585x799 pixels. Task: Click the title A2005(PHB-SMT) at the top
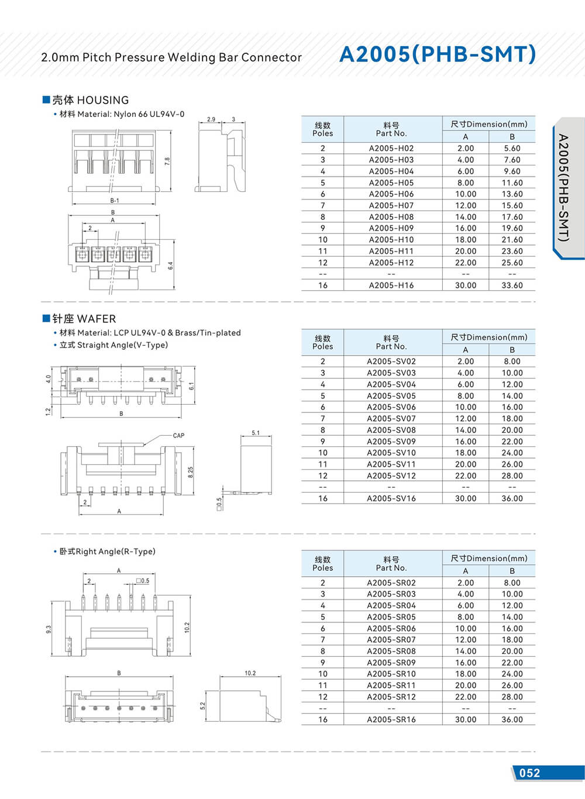(x=437, y=54)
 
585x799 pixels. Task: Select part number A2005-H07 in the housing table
(x=391, y=205)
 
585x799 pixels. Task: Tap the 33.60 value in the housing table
(x=512, y=285)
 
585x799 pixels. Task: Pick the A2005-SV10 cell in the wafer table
(x=391, y=453)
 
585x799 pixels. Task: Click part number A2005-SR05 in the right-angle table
(x=391, y=617)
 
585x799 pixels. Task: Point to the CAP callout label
(x=178, y=435)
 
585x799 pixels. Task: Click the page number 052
(x=529, y=773)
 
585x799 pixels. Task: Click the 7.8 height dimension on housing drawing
(x=167, y=160)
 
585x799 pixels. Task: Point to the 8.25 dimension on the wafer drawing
(x=191, y=472)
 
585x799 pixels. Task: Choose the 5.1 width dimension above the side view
(x=256, y=433)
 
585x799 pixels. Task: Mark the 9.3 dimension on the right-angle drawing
(x=49, y=629)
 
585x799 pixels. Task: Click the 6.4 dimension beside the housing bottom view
(x=170, y=265)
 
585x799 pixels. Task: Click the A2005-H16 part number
(x=391, y=285)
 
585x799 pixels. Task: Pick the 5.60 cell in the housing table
(x=512, y=149)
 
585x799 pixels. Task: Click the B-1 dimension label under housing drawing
(x=115, y=201)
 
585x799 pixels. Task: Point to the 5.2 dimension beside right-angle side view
(x=203, y=706)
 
